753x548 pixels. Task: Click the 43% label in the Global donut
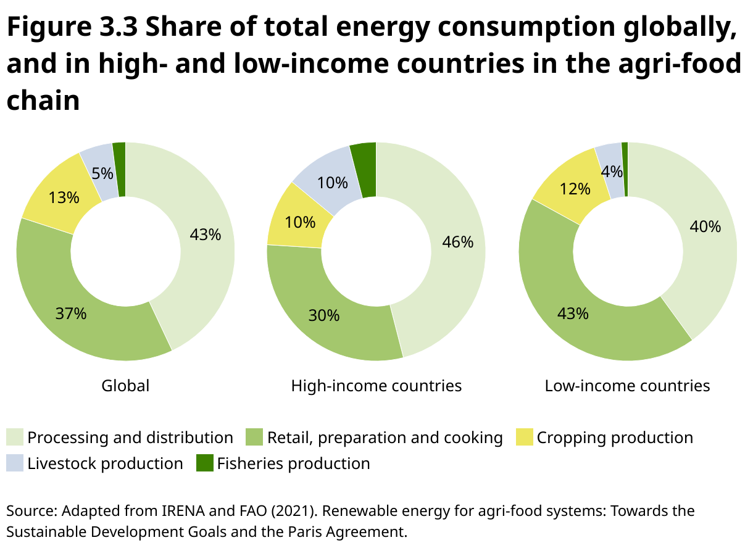point(206,235)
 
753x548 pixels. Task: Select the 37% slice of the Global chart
point(71,313)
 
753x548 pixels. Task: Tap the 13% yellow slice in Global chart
point(64,197)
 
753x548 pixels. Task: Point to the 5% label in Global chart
point(102,173)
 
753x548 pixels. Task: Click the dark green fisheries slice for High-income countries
point(365,169)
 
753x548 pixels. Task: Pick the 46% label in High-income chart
point(457,243)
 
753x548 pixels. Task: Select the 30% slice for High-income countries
point(324,315)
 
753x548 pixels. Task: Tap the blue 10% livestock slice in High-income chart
point(332,183)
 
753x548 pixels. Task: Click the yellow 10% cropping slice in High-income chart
point(301,222)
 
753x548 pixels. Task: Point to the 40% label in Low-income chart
point(705,226)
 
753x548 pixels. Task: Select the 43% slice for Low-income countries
point(573,313)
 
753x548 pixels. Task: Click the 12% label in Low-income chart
point(575,189)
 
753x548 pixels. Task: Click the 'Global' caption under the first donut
point(125,386)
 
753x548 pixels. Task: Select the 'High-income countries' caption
point(376,386)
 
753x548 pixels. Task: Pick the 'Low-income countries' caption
point(627,386)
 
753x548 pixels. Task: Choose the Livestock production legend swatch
point(15,463)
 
